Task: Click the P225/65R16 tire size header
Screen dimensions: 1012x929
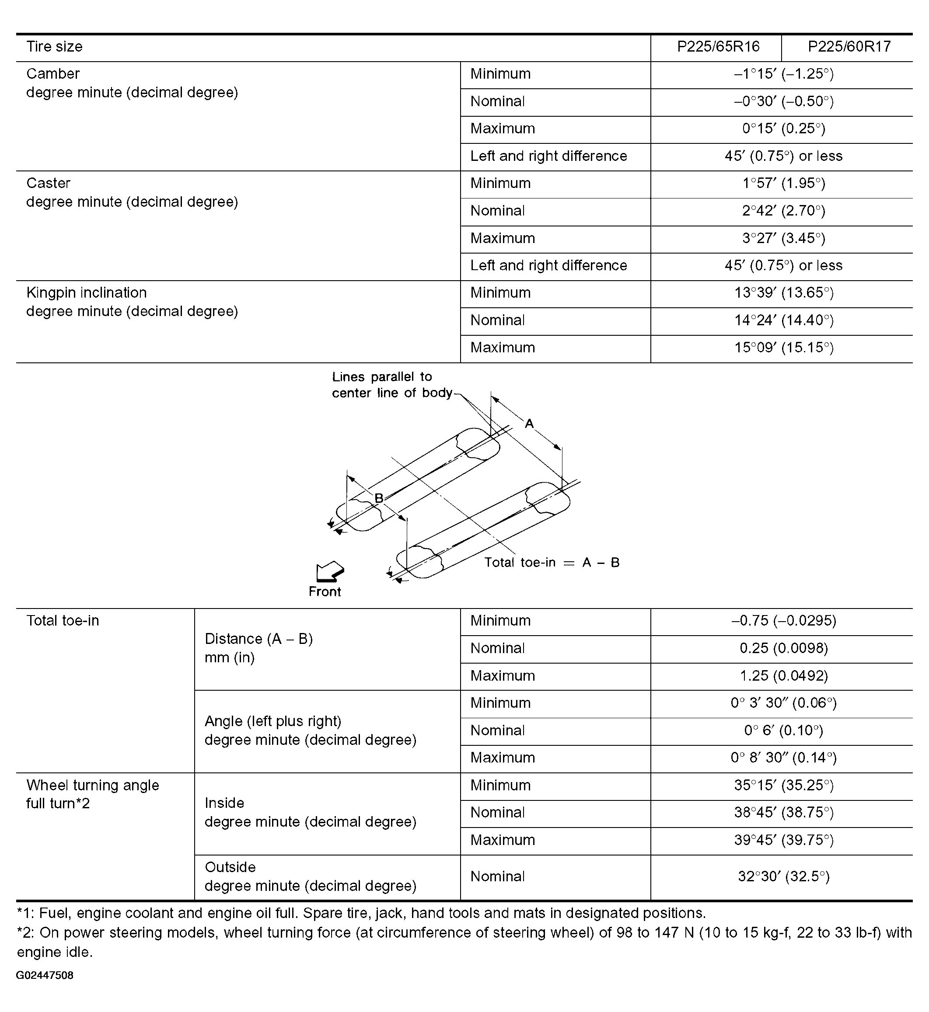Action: coord(718,47)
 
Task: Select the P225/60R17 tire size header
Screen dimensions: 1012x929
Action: coord(849,47)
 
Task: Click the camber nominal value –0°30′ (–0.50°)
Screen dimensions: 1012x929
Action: coord(783,101)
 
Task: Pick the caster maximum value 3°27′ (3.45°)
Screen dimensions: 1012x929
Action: coord(783,238)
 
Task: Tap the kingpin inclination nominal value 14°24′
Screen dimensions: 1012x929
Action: coord(783,320)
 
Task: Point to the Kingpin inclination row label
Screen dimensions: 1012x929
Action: coord(87,293)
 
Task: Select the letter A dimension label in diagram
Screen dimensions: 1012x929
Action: coord(529,424)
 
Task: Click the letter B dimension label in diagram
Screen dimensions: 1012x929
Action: coord(379,498)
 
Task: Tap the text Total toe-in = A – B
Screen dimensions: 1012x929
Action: coord(552,562)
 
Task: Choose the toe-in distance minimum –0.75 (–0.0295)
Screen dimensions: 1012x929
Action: coord(783,621)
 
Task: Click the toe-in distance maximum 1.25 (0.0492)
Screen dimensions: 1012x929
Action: coord(783,675)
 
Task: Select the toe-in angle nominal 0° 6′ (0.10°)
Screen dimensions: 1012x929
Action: coord(783,730)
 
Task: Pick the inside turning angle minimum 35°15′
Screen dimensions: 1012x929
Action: coord(783,785)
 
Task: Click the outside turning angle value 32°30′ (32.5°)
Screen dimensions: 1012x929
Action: coord(783,876)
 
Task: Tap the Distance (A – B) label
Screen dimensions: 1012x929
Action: coord(258,639)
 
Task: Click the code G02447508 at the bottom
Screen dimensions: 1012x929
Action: coord(45,975)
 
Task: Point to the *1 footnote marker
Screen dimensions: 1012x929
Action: coord(24,912)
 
